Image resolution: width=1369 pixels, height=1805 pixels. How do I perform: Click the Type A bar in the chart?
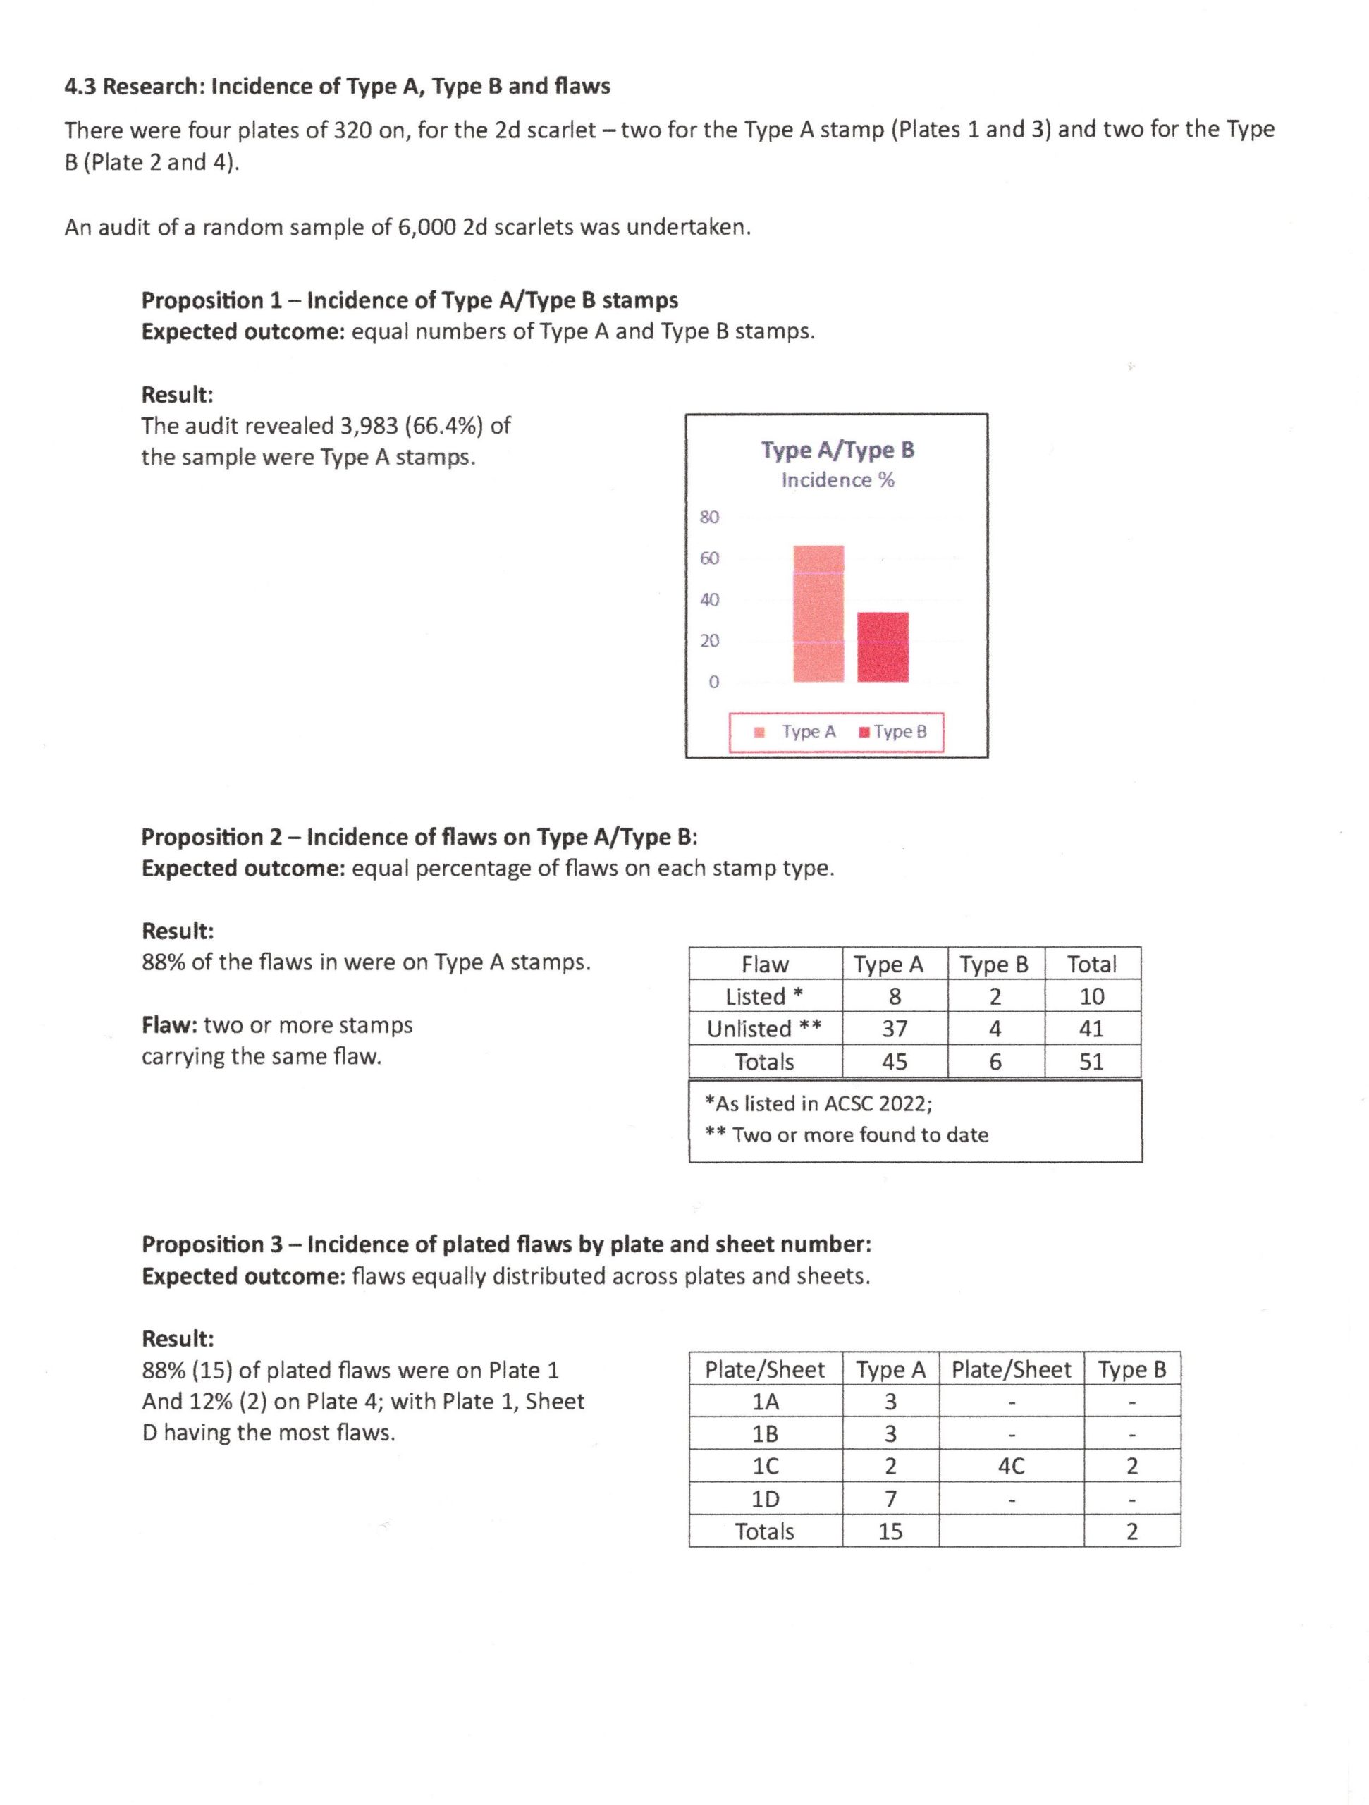tap(818, 613)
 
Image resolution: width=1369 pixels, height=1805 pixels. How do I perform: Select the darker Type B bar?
tap(883, 647)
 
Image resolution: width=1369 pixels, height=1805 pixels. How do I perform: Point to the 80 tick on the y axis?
tap(709, 518)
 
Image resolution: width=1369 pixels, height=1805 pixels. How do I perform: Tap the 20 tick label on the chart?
tap(709, 640)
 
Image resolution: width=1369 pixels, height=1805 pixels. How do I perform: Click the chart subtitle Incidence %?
tap(838, 481)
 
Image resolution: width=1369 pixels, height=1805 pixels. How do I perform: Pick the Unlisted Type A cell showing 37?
tap(894, 1029)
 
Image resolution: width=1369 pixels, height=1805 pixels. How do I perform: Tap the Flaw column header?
tap(764, 965)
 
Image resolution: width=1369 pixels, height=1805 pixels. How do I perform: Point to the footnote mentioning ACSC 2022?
tap(818, 1104)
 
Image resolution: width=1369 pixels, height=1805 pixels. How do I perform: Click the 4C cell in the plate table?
tap(1011, 1467)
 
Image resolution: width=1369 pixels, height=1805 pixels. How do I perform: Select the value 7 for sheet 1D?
tap(890, 1499)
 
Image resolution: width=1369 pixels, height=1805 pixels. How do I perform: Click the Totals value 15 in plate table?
tap(890, 1531)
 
